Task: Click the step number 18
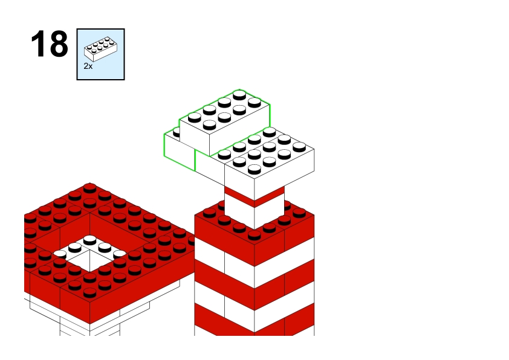pyautogui.click(x=50, y=43)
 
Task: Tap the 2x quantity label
pyautogui.click(x=88, y=66)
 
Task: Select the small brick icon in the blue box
pyautogui.click(x=100, y=49)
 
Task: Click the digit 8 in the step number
pyautogui.click(x=59, y=43)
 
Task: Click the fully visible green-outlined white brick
pyautogui.click(x=224, y=123)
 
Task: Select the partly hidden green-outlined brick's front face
pyautogui.click(x=179, y=152)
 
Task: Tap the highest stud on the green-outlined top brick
pyautogui.click(x=239, y=95)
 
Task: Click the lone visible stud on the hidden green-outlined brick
pyautogui.click(x=177, y=132)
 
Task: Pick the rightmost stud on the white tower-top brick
pyautogui.click(x=299, y=147)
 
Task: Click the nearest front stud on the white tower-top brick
pyautogui.click(x=254, y=169)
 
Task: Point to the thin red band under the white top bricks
pyautogui.click(x=254, y=196)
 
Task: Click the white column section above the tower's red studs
pyautogui.click(x=254, y=213)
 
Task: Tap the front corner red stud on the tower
pyautogui.click(x=254, y=235)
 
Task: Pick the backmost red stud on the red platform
pyautogui.click(x=89, y=188)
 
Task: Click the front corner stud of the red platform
pyautogui.click(x=89, y=293)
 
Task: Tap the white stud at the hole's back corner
pyautogui.click(x=89, y=240)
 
